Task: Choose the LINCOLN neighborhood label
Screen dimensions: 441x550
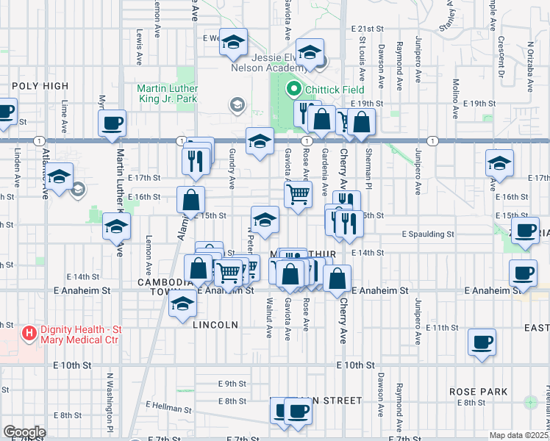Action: [215, 324]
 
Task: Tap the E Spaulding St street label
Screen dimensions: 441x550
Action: [428, 234]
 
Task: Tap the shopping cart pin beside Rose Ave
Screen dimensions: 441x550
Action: [298, 195]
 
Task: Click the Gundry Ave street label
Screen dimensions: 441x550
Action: [232, 171]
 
